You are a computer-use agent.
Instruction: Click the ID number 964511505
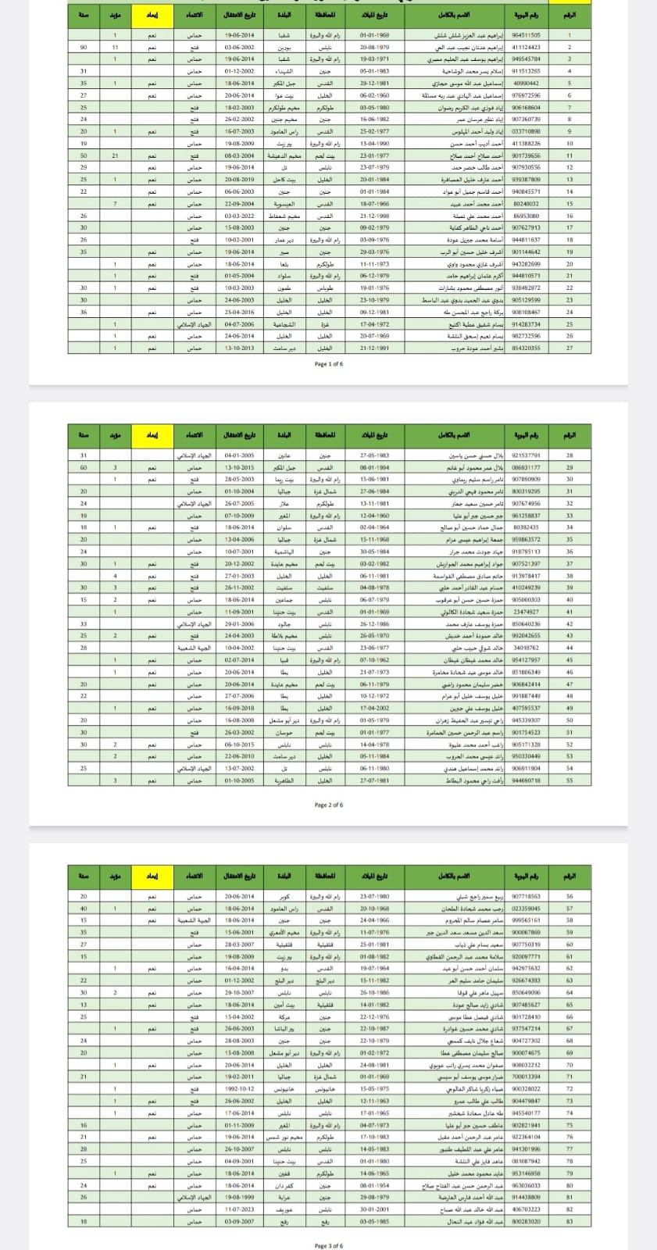tap(526, 35)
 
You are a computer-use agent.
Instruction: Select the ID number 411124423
tap(526, 47)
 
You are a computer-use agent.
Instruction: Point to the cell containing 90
tap(84, 47)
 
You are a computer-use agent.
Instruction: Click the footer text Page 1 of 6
tap(328, 363)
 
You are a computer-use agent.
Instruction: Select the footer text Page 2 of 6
tap(328, 805)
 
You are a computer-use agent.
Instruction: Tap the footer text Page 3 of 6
tap(328, 1245)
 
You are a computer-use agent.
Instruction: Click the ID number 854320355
tap(526, 348)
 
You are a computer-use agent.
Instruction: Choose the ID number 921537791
tap(526, 455)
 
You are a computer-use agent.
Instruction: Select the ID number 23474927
tap(526, 612)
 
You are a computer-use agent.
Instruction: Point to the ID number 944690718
tap(526, 780)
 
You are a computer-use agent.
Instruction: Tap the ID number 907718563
tap(526, 896)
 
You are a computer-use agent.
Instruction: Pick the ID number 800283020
tap(526, 1220)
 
